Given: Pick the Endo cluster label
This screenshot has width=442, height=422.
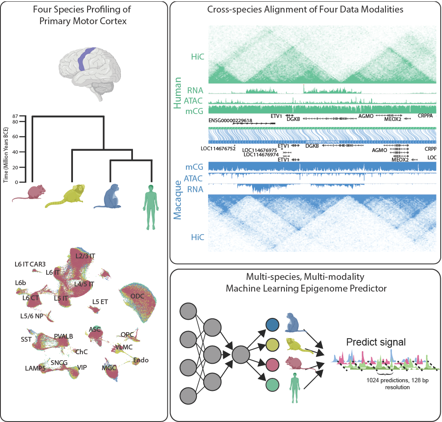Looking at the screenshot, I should click(141, 360).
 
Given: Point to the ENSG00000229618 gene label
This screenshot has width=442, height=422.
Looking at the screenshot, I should click(230, 121).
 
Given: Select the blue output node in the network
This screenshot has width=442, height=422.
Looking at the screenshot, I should click(272, 324).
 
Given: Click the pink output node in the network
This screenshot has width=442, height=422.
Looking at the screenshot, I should click(272, 364).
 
